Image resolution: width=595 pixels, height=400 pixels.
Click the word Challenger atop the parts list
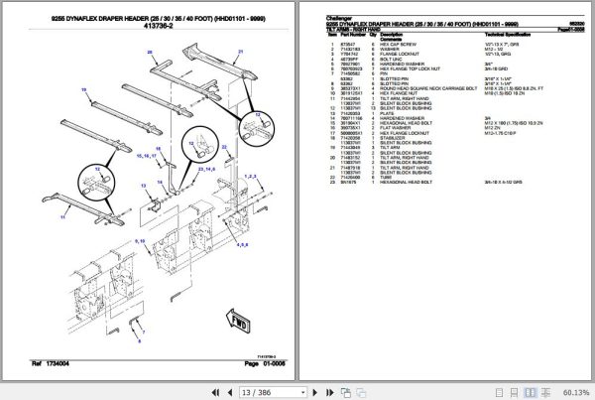click(x=339, y=18)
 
